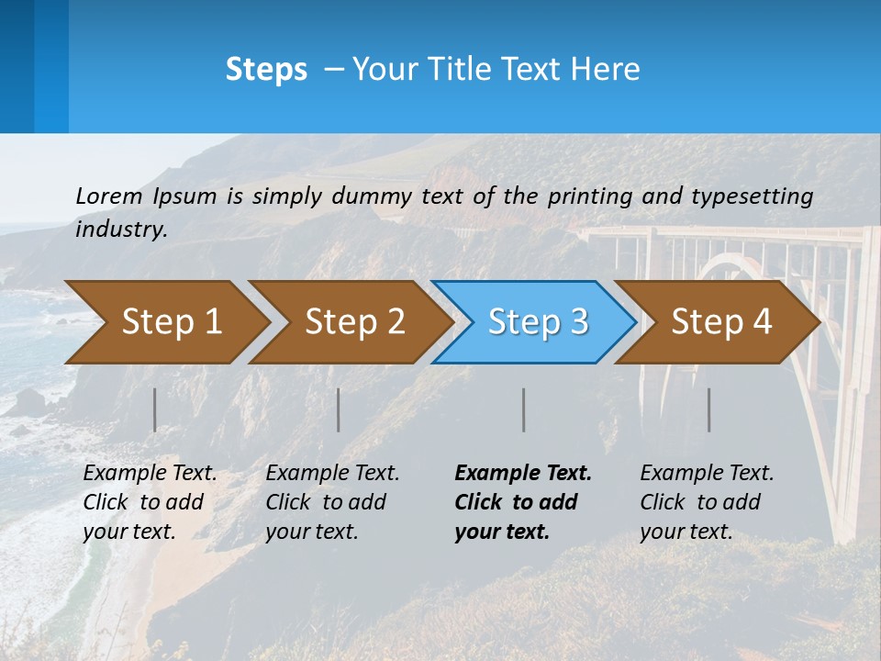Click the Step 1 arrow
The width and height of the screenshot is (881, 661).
pyautogui.click(x=171, y=322)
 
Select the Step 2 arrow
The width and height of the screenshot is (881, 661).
pyautogui.click(x=354, y=322)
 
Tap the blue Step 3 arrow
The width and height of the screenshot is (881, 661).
pyautogui.click(x=538, y=322)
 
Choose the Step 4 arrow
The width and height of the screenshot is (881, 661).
pyautogui.click(x=721, y=322)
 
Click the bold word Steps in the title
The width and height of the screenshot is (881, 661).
pyautogui.click(x=266, y=70)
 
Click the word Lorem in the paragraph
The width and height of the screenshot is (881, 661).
pyautogui.click(x=108, y=196)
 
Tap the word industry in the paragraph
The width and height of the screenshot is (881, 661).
pyautogui.click(x=120, y=229)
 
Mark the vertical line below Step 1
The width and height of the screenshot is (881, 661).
pyautogui.click(x=155, y=409)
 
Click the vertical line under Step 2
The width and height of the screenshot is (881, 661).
pyautogui.click(x=339, y=409)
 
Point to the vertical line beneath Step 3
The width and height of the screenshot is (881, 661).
pyautogui.click(x=524, y=409)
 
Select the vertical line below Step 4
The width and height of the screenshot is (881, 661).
pyautogui.click(x=709, y=409)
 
